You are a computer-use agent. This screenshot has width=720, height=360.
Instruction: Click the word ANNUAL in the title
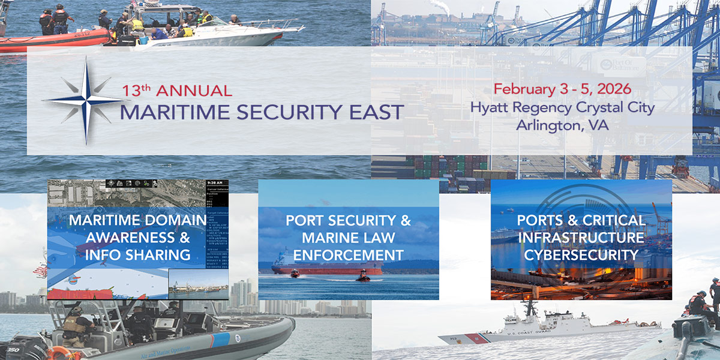click(x=193, y=91)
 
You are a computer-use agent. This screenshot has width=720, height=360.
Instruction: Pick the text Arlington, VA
click(x=562, y=126)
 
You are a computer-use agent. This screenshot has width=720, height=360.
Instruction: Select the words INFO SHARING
click(x=139, y=254)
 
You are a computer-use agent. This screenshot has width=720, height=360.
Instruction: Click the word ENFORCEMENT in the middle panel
click(x=348, y=254)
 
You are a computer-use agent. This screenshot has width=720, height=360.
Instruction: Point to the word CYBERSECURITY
click(x=581, y=254)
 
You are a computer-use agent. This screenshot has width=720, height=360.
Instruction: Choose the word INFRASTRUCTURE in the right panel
click(x=581, y=237)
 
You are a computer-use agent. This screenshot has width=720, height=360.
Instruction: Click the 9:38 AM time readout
click(x=214, y=182)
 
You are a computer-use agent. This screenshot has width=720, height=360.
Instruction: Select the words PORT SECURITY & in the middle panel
click(x=348, y=220)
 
